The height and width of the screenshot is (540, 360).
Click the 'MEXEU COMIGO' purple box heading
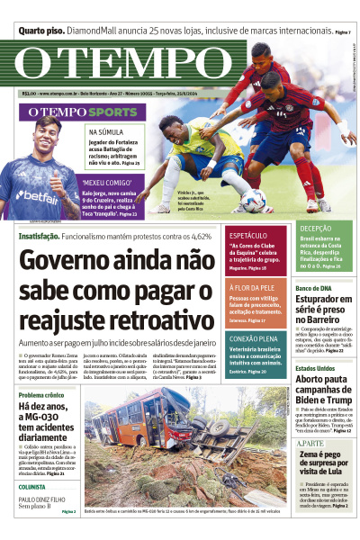tap(106, 182)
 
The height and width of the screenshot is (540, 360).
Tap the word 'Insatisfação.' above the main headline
tap(40, 236)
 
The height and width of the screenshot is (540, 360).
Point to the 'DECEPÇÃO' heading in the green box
tap(316, 229)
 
